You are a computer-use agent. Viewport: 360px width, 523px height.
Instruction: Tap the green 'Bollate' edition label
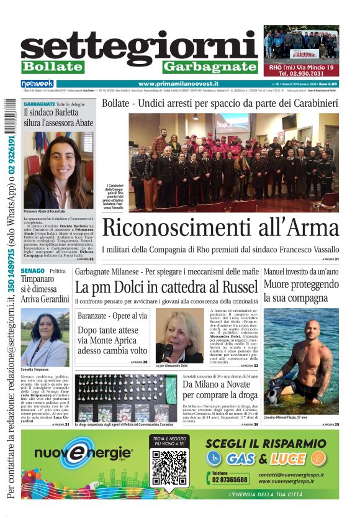(52, 66)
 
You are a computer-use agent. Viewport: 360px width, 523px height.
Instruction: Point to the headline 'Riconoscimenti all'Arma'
(220, 227)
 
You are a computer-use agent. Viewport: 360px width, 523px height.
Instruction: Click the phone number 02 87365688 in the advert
(230, 479)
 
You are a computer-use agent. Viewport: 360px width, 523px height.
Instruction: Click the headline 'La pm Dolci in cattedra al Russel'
(166, 288)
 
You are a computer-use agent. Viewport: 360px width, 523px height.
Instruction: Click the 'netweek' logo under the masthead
(37, 84)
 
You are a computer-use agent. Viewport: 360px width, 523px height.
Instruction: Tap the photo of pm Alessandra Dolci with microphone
(179, 335)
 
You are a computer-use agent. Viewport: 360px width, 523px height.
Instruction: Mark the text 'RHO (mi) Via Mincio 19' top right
(301, 66)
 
